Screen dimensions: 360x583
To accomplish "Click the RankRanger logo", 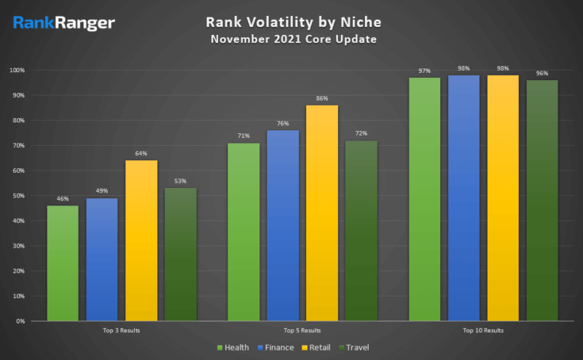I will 63,23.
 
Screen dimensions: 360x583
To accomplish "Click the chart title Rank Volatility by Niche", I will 292,23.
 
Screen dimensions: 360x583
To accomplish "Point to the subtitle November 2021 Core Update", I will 293,39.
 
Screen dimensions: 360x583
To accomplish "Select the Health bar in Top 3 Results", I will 63,263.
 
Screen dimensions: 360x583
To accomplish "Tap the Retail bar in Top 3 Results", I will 141,240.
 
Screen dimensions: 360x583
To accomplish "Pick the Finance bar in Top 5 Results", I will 283,225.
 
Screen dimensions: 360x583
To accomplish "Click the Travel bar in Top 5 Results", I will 361,230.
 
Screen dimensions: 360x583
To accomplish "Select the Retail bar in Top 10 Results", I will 503,197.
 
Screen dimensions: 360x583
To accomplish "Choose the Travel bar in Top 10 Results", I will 542,200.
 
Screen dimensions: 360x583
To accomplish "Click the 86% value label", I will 322,98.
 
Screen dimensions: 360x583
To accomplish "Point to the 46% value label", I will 63,199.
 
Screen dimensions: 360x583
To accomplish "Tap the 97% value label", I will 424,71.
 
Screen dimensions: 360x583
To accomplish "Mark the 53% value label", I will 181,181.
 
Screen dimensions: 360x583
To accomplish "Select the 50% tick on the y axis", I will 20,196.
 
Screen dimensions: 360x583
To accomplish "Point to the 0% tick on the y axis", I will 22,321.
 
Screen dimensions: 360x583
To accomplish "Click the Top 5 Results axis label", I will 302,331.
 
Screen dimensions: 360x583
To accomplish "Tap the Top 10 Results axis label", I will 483,331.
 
